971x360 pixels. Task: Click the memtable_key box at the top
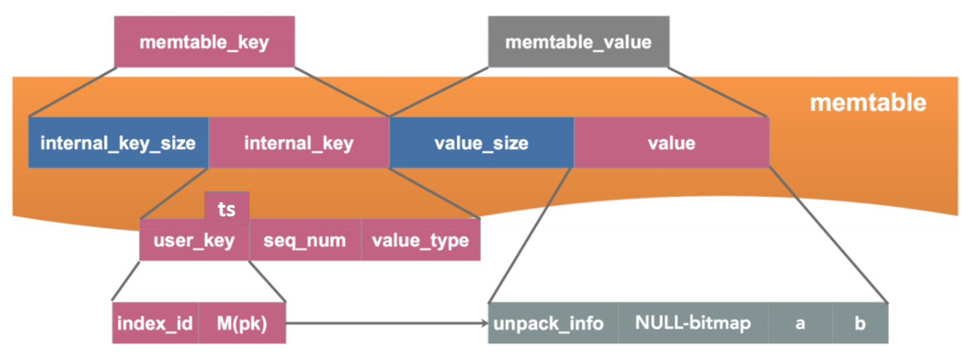[x=204, y=42]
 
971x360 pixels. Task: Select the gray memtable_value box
[x=578, y=42]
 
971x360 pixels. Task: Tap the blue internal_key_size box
[x=118, y=143]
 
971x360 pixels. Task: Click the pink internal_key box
[x=299, y=143]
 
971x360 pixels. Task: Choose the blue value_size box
[x=481, y=143]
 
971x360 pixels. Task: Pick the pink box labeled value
[x=671, y=143]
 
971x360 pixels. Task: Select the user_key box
[x=194, y=241]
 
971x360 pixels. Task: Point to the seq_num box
[x=305, y=241]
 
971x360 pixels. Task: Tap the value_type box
[x=421, y=241]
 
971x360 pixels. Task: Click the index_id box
[x=155, y=324]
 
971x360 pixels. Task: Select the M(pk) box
[x=242, y=324]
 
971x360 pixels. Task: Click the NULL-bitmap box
[x=693, y=324]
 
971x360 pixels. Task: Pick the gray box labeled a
[x=800, y=324]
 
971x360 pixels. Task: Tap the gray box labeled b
[x=860, y=324]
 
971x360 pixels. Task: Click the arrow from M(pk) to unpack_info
[x=384, y=324]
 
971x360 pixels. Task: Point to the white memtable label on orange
[x=868, y=103]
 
